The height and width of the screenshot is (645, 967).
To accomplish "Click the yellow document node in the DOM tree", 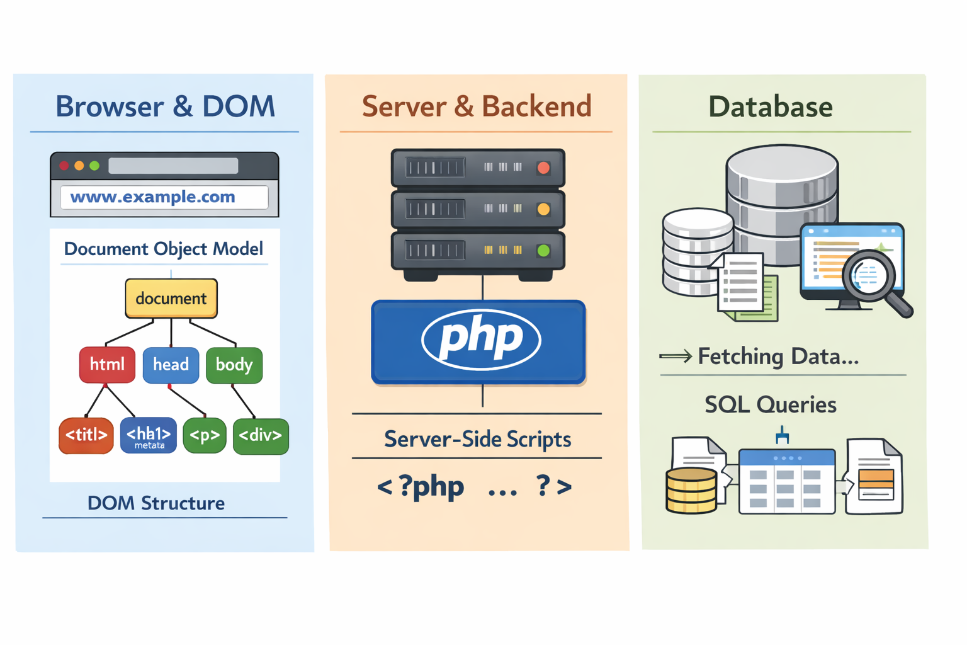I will pos(171,298).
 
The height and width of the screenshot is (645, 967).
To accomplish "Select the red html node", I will pos(107,365).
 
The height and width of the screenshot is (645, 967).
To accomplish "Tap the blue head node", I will pos(171,365).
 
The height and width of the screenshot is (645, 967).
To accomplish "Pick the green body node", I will pos(234,365).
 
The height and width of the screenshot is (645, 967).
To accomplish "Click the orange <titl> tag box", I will pos(86,435).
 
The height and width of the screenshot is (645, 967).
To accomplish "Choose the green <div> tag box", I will pos(261,436).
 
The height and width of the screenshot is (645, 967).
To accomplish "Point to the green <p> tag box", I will pos(205,435).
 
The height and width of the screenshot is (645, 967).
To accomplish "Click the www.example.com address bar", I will pos(164,197).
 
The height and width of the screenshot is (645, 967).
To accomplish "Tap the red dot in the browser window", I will pos(64,166).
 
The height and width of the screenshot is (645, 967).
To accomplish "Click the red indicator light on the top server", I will pos(543,168).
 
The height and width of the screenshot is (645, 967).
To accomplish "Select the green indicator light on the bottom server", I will pos(543,251).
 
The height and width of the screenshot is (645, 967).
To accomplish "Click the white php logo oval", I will pos(481,339).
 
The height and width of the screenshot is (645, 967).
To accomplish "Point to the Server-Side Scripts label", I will pos(477,439).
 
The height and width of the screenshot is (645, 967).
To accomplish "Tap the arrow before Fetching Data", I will pos(675,357).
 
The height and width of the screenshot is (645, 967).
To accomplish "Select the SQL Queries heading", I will pos(770,404).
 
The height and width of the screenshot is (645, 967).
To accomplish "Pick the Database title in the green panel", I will pos(770,106).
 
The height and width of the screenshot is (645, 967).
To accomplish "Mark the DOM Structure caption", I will pos(156,503).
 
